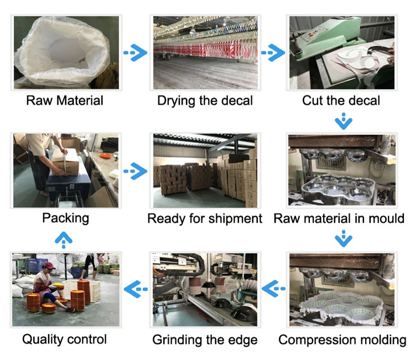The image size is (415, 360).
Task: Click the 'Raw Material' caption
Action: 65,101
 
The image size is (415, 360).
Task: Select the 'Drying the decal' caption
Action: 205,101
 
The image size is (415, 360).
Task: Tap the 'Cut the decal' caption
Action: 341,101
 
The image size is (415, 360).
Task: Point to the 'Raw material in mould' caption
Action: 339,218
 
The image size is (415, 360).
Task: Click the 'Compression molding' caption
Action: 342,339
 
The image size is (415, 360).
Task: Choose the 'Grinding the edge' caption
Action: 205,339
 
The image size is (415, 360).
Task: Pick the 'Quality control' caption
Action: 64,339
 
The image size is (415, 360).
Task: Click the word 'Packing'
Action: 65,218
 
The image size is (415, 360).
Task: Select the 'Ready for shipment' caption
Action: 205,219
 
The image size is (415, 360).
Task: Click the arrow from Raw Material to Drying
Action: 135,53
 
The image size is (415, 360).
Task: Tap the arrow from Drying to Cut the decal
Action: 272,53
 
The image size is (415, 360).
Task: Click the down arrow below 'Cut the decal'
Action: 344,120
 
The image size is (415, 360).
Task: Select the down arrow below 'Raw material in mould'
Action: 344,239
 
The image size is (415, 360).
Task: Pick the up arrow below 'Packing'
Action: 65,239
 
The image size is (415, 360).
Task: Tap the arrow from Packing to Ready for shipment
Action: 135,171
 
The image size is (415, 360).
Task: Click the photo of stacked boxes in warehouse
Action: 205,170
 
